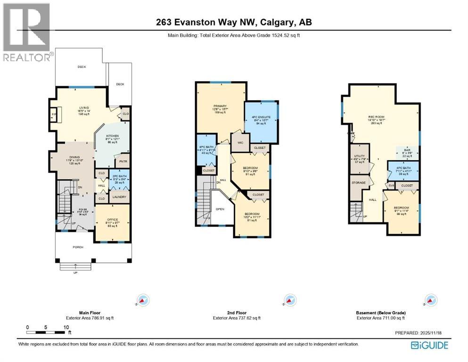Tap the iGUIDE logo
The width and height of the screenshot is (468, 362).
point(429,345)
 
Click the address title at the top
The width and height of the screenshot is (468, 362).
point(233,22)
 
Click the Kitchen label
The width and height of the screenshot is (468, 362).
point(112,136)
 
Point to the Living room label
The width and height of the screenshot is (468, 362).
point(83,108)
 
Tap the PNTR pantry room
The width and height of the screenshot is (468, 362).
point(124,161)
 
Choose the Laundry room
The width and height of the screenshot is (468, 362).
point(119,197)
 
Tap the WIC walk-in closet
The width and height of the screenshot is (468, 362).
point(239,142)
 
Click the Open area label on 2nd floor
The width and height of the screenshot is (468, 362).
point(220,209)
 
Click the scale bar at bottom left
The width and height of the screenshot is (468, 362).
point(47,333)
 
